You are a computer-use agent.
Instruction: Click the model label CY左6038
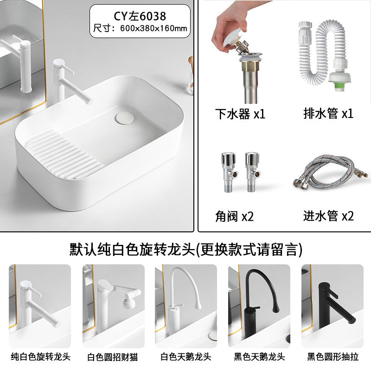point(140,16)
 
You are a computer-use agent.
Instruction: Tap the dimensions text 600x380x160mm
point(154,28)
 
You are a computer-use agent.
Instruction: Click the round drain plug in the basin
point(125,118)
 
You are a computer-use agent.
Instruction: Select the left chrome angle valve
point(229,172)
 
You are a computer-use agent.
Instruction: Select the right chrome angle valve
point(253,172)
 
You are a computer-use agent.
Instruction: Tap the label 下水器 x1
point(240,114)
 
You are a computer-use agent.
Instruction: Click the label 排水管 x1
point(328,113)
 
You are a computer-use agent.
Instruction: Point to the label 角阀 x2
point(234,216)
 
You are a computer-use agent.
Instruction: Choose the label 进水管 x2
point(328,216)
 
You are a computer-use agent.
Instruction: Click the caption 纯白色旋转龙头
point(41,357)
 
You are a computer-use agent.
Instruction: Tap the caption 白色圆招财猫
point(113,357)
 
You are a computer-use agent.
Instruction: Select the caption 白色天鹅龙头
point(186,357)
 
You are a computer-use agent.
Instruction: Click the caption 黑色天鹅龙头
point(259,357)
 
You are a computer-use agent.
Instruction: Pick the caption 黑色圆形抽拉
point(333,357)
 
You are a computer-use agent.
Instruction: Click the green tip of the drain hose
point(340,86)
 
